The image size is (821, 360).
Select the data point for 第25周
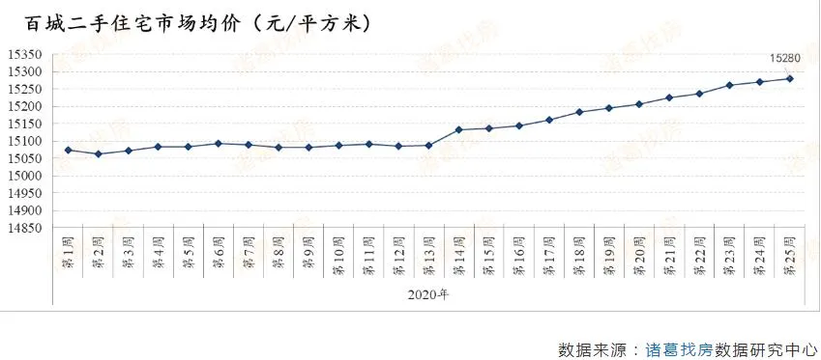[x=790, y=79]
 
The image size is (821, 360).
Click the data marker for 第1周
[x=68, y=150]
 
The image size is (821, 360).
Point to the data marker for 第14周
[x=459, y=129]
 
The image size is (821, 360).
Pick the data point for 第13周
[x=429, y=146]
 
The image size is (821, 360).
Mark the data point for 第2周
[x=98, y=153]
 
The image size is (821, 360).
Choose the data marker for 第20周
[x=639, y=104]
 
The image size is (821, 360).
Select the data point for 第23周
[x=730, y=85]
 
